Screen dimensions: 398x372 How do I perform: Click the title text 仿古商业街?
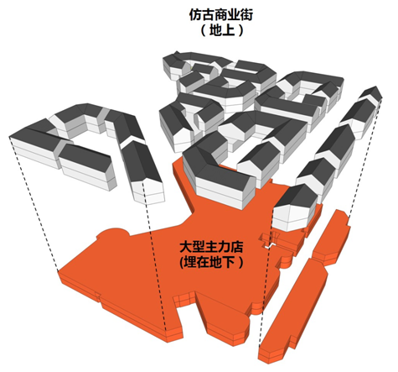coord(221,15)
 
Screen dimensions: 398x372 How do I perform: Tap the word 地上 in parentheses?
coord(222,30)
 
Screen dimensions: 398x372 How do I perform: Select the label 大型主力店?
coord(211,247)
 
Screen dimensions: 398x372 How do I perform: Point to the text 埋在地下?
coord(209,262)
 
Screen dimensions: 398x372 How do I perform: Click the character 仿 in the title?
coord(195,15)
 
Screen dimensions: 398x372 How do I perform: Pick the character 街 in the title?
coord(246,15)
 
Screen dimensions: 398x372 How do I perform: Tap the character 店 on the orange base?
coord(237,247)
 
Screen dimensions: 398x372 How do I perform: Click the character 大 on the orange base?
coord(186,247)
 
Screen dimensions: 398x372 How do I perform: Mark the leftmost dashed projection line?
coord(34,204)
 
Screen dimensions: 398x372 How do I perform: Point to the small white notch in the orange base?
coord(270,246)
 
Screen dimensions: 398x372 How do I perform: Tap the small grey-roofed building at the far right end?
coord(371,95)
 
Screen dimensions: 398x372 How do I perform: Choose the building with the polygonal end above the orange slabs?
coord(295,208)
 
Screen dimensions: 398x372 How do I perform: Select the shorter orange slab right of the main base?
coord(331,237)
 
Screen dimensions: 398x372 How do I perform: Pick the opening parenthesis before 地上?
coord(204,30)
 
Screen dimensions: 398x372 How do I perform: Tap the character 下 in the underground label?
coord(229,262)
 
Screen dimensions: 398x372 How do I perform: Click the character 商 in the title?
coord(221,15)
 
